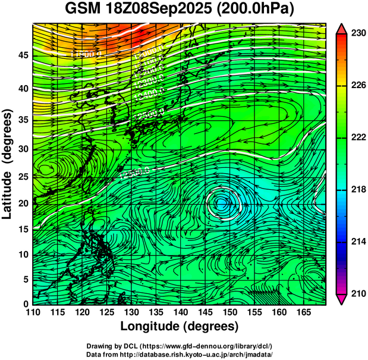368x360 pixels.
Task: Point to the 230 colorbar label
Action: [357, 34]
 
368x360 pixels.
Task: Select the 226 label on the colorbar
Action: [357, 86]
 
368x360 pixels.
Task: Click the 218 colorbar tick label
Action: [357, 189]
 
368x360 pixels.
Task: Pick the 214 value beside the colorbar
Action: [357, 241]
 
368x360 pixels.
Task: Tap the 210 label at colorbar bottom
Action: [357, 293]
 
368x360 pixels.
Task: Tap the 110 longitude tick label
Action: [33, 312]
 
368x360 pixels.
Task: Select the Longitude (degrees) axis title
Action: [179, 327]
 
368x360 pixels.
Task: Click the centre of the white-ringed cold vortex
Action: [222, 204]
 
